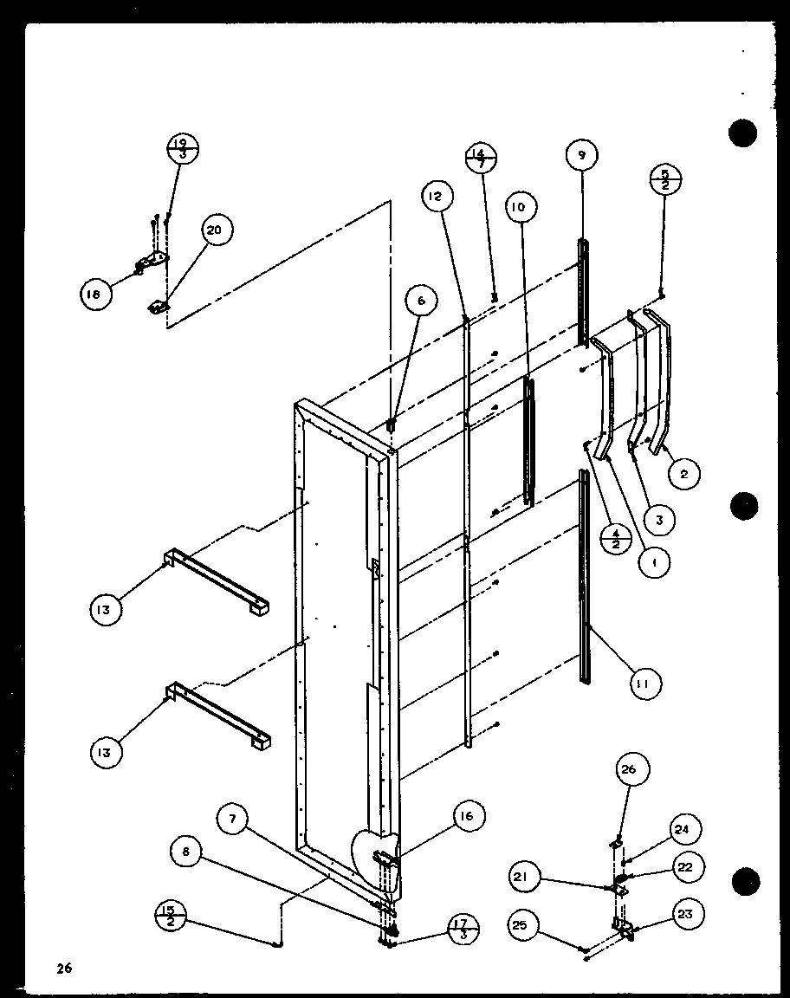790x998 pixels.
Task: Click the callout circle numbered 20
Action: [213, 230]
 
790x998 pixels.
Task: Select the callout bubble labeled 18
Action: [93, 295]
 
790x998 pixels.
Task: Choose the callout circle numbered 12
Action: [436, 198]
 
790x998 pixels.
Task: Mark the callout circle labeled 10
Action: [520, 207]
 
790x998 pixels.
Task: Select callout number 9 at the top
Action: [581, 157]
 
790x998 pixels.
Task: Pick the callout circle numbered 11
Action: [642, 684]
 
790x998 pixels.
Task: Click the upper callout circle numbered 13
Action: [105, 610]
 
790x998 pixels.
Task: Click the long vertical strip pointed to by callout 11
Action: [586, 554]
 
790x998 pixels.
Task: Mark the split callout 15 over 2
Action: [171, 916]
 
